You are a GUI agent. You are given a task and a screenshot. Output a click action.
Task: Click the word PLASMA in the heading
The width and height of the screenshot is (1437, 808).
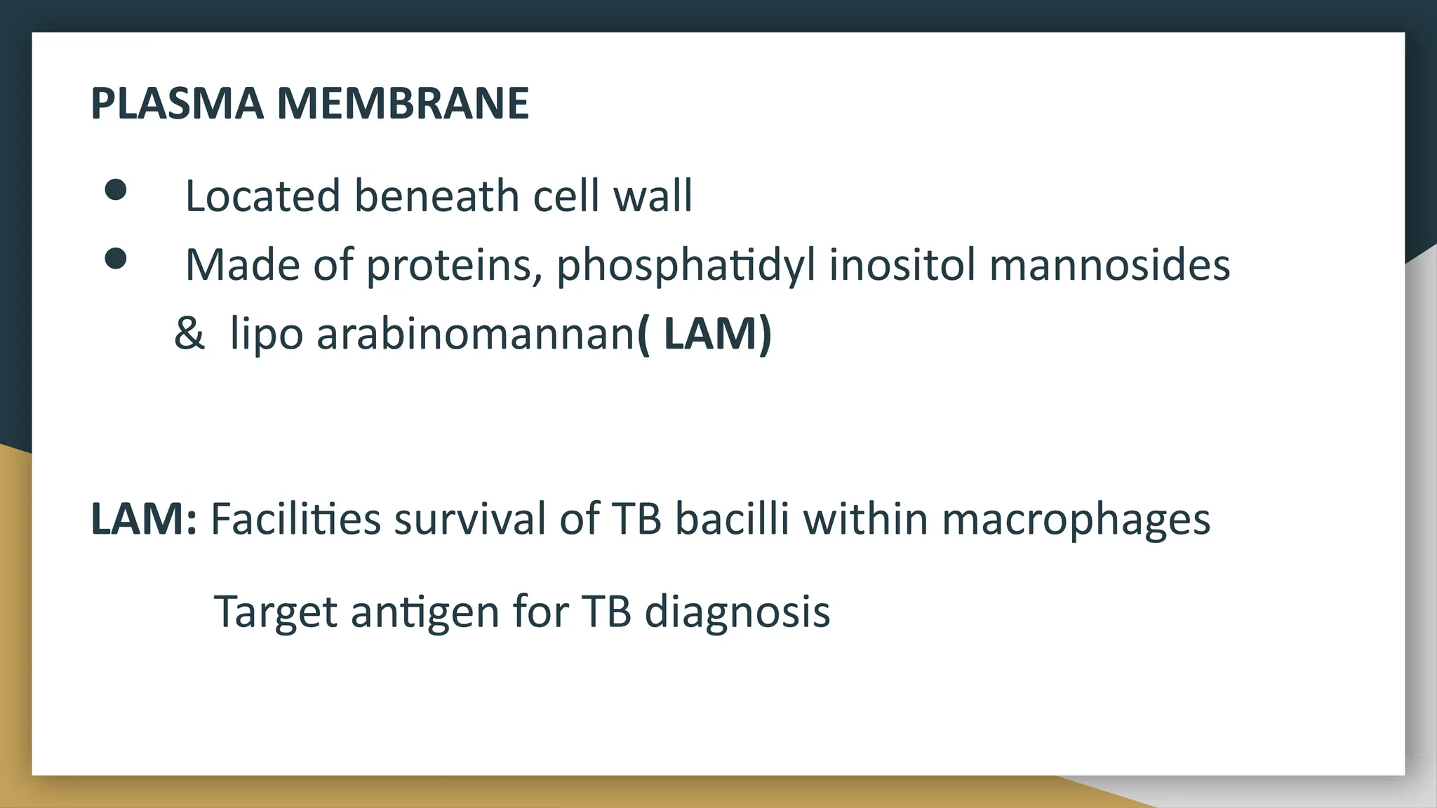click(x=178, y=104)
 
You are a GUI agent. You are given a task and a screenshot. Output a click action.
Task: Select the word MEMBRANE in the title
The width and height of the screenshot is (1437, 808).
click(x=403, y=104)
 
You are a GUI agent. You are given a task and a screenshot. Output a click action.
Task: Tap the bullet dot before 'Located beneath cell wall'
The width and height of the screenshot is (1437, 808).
click(x=116, y=190)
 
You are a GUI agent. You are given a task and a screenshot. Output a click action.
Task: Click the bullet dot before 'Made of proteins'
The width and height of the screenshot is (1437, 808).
click(x=116, y=259)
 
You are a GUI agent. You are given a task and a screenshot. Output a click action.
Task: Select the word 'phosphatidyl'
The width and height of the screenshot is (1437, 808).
click(x=686, y=267)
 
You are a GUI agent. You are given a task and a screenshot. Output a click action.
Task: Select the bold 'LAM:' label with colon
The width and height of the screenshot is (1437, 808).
click(x=144, y=519)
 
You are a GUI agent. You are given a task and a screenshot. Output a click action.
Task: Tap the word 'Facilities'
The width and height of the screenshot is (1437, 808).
click(x=295, y=519)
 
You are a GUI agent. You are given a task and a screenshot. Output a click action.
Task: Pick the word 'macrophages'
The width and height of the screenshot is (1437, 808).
click(x=1076, y=520)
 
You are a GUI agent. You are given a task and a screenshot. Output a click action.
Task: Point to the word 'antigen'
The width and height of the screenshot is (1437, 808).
click(x=425, y=612)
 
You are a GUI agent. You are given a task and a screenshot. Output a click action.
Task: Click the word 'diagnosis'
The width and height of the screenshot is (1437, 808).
click(x=737, y=612)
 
